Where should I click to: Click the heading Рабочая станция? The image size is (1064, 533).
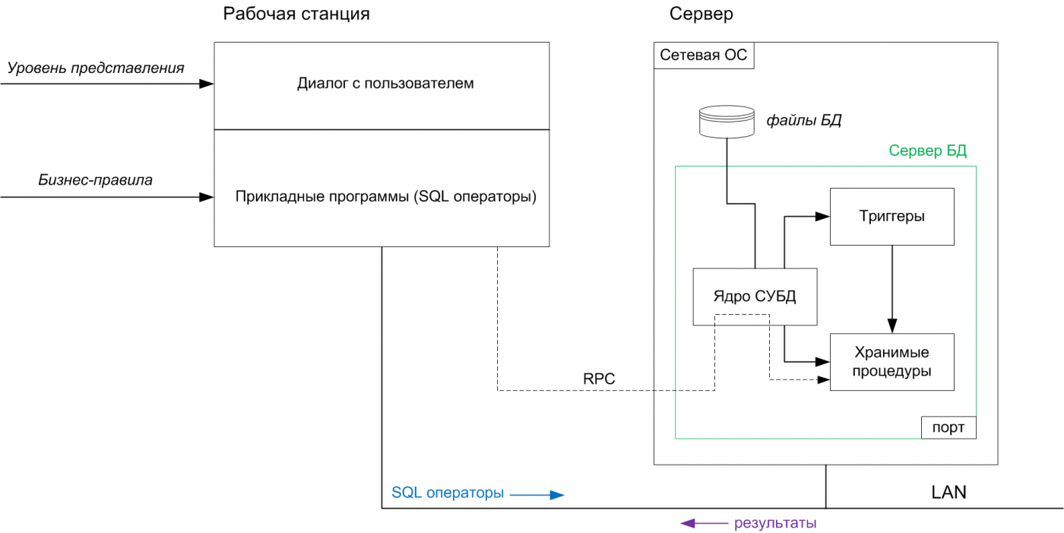[x=296, y=14]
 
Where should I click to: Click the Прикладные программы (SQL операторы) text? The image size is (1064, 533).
[x=386, y=197]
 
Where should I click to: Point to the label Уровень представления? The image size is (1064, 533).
[x=96, y=68]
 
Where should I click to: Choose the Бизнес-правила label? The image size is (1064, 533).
[x=95, y=180]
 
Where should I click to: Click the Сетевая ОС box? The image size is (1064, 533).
[x=704, y=56]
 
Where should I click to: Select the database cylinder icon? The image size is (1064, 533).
[x=727, y=122]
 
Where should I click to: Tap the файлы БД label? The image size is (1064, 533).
[x=803, y=120]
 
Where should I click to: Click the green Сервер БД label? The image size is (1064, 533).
[x=927, y=151]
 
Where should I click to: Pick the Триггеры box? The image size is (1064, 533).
[x=891, y=217]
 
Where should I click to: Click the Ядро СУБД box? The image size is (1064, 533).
[x=755, y=297]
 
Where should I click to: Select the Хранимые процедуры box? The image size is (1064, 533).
[x=891, y=362]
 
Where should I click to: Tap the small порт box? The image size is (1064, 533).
[x=948, y=427]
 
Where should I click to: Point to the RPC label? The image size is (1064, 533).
[x=599, y=379]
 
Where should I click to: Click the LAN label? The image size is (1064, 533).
[x=948, y=492]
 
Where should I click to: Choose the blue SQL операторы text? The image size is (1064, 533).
[x=448, y=493]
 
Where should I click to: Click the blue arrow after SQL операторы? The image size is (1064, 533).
[x=537, y=494]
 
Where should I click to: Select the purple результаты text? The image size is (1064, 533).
[x=775, y=523]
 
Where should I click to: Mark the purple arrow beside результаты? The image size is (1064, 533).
[x=703, y=523]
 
